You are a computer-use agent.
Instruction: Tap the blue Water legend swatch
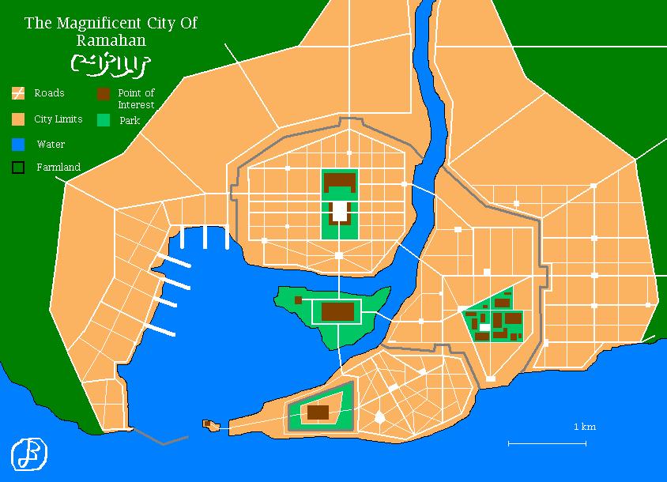[18, 145]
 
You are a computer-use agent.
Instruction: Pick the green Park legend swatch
[104, 120]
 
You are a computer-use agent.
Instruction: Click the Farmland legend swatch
[18, 168]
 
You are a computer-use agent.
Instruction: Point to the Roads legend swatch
[18, 94]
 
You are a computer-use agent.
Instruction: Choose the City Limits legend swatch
[18, 120]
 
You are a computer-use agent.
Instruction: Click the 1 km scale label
[585, 427]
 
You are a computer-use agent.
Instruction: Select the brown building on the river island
[337, 311]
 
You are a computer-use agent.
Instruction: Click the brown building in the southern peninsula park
[318, 412]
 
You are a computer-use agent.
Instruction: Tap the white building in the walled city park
[339, 211]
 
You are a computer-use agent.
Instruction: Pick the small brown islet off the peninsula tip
[211, 425]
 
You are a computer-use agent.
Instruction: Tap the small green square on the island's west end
[297, 300]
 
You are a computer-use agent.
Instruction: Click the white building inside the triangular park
[484, 326]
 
